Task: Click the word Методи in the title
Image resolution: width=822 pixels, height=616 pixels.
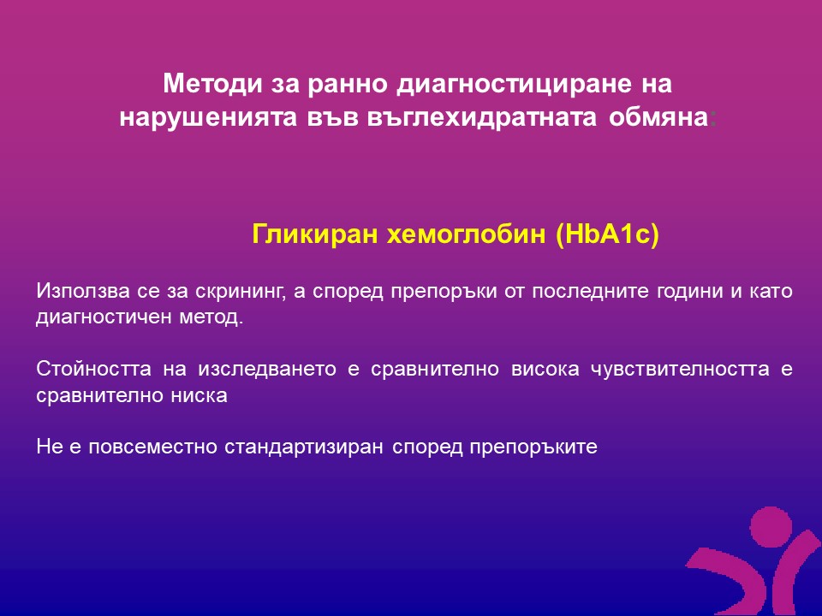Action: [212, 84]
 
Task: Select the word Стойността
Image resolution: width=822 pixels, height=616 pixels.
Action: [94, 369]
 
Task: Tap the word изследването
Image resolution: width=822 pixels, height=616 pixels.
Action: [267, 370]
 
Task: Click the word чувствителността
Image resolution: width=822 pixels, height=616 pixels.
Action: [681, 369]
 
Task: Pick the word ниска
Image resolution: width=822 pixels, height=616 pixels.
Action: [199, 395]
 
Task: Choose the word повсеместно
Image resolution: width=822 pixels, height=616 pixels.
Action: [152, 447]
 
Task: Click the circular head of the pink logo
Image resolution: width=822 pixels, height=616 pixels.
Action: [771, 527]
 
